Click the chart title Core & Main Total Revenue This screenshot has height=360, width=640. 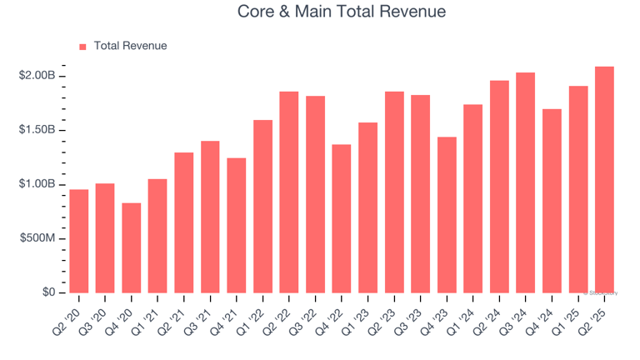coord(342,12)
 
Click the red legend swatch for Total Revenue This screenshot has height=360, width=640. coord(82,47)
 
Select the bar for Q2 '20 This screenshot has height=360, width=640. coord(79,242)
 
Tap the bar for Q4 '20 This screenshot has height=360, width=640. coord(132,247)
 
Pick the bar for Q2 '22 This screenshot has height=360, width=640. coord(289,192)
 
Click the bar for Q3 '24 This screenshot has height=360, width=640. coord(526,182)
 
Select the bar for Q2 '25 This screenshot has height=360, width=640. coord(605,180)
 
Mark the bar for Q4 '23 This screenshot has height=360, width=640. coord(447,215)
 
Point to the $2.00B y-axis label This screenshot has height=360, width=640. coord(37,76)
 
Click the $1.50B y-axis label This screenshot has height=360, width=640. coord(37,130)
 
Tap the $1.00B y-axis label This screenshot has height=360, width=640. coord(37,184)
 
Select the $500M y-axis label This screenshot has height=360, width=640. coord(37,238)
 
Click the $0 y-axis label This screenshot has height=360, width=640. coord(49,292)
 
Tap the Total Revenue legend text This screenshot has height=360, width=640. coord(130,46)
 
